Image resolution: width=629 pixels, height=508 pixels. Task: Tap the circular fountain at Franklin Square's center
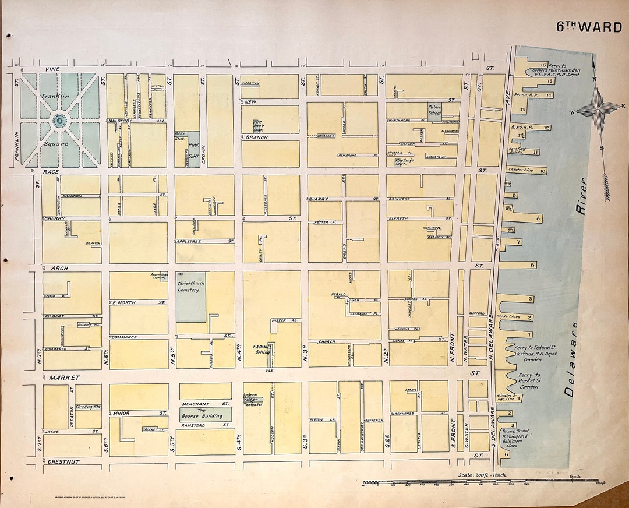59,121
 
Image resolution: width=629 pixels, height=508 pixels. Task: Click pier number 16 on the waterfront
543,65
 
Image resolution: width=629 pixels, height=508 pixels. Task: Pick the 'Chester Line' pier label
521,171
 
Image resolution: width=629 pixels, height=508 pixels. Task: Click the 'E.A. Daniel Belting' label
263,349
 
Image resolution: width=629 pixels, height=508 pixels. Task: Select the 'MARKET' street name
63,378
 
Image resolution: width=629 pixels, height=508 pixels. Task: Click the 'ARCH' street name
59,268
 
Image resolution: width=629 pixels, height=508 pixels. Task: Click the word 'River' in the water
582,197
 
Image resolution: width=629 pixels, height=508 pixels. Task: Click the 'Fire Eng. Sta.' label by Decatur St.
89,407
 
